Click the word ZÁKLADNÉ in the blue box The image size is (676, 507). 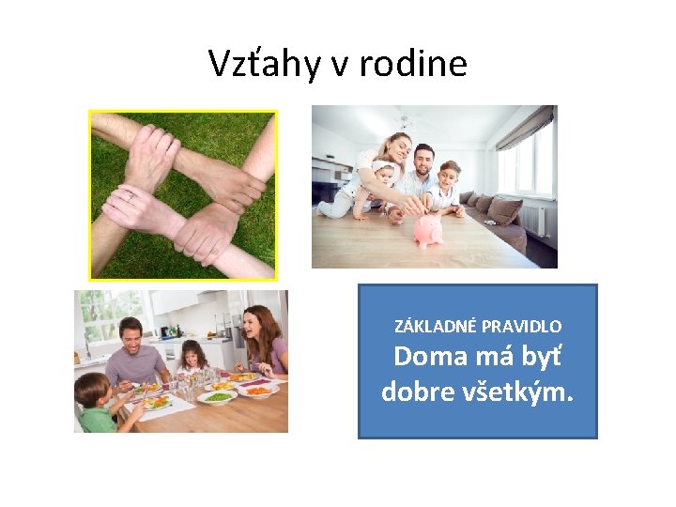click(437, 327)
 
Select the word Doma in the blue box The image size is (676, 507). click(427, 357)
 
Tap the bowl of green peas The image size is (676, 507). click(217, 396)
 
